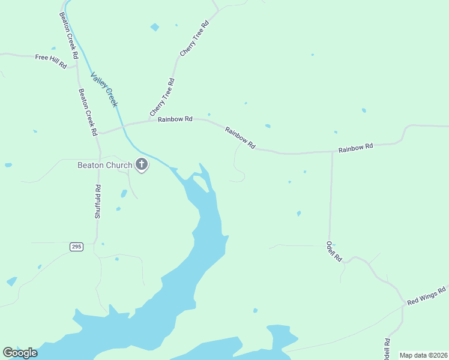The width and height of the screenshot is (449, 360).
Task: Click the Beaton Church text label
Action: coord(104,165)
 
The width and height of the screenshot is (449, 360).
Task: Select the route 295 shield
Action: coord(76,247)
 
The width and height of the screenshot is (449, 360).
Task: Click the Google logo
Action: coord(20,353)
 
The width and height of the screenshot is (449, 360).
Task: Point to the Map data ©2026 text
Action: coord(423,355)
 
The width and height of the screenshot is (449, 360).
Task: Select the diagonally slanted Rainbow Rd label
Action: coord(240,137)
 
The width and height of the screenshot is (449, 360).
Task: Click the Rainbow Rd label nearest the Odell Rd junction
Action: coord(355,146)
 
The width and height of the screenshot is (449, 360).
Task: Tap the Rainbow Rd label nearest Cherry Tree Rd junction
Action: coord(175,119)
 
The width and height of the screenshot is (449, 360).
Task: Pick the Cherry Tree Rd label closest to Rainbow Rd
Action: coord(162,98)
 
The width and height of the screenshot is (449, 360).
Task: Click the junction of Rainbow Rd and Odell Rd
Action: coord(332,151)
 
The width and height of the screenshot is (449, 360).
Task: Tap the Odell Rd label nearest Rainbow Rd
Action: coord(334,251)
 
